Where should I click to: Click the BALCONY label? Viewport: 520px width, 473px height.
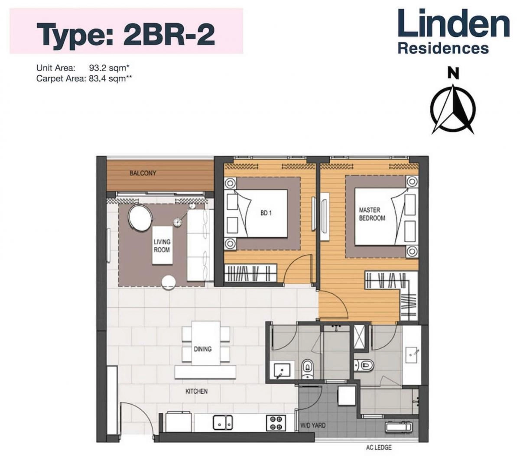point(143,173)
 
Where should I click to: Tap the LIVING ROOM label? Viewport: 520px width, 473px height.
point(162,246)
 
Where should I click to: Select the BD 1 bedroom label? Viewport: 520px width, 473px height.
point(266,213)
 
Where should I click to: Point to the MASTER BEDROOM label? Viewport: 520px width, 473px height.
point(372,214)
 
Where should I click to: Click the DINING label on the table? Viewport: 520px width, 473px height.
point(202,349)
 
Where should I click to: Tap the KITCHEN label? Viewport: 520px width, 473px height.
point(196,391)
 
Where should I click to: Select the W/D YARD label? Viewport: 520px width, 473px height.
point(313,425)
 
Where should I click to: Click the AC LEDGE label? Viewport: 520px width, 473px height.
point(378,447)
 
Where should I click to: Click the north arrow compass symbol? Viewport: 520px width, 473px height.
point(453,108)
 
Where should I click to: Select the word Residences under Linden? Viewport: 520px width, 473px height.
point(443,48)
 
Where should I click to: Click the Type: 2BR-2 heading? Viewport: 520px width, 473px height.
point(126,34)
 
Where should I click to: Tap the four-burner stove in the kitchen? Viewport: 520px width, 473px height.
point(276,422)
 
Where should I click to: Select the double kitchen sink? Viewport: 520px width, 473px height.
point(223,422)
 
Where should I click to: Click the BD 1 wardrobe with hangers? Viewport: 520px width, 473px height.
point(251,274)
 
